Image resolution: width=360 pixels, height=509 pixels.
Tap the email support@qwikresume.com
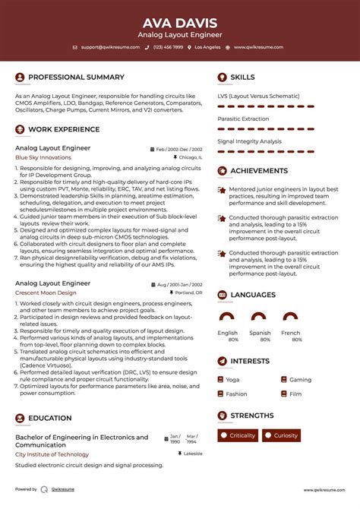[110, 47]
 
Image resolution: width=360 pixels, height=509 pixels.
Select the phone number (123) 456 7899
[168, 47]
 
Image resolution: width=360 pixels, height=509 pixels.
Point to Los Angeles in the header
[207, 47]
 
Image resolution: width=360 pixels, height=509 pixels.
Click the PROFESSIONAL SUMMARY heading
[76, 77]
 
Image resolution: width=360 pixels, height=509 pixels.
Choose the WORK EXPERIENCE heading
[65, 129]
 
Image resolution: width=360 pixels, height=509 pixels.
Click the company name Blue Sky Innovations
[43, 157]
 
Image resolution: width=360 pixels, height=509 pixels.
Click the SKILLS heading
[242, 77]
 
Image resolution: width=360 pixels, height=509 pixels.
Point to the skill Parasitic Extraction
[243, 119]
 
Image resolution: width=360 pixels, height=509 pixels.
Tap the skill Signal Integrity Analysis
[249, 141]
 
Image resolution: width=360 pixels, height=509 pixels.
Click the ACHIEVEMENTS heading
[264, 171]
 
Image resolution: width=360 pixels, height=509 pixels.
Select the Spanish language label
[260, 333]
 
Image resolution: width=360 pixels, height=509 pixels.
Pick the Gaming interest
[300, 379]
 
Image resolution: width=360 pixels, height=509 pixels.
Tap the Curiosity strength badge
[281, 435]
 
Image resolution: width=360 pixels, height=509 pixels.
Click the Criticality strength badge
[238, 435]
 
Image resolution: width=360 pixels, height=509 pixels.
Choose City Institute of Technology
[52, 454]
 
